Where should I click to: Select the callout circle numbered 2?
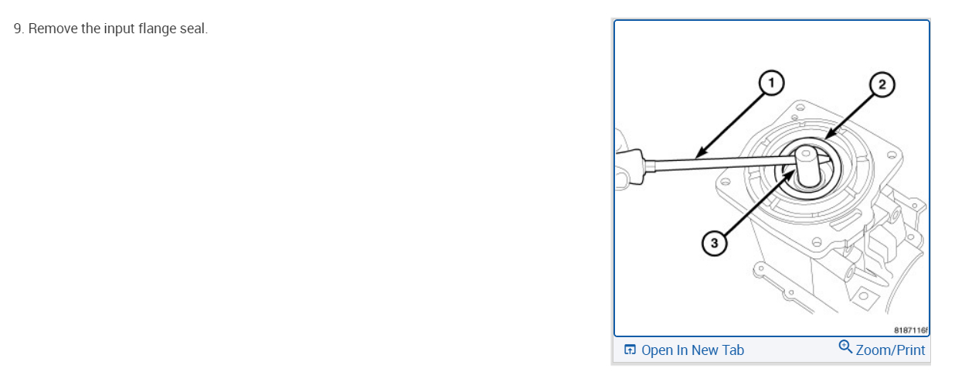click(882, 84)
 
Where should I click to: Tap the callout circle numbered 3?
click(714, 244)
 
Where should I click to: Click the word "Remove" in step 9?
click(52, 30)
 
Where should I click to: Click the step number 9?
click(18, 30)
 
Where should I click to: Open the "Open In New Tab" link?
click(692, 350)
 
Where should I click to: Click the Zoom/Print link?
click(890, 350)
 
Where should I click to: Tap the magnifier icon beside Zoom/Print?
click(845, 348)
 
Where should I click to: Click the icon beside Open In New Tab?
click(630, 350)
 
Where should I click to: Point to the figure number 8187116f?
click(909, 329)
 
